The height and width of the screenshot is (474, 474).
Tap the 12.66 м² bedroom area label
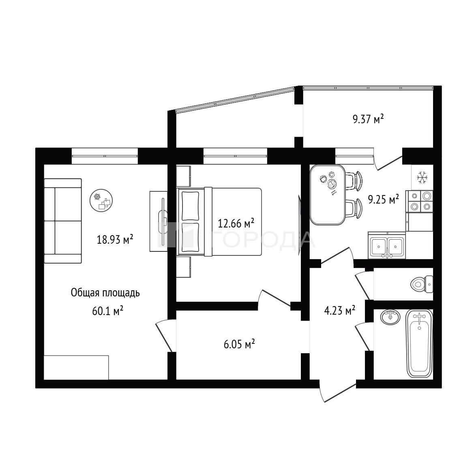pos(236,223)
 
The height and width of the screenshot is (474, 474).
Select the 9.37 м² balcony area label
pos(368,119)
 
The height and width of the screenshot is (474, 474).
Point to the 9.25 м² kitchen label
pos(384,199)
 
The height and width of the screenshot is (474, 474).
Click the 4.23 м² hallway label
pos(339,310)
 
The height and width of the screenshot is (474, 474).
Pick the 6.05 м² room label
pos(239,344)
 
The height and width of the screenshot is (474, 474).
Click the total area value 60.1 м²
pos(107,311)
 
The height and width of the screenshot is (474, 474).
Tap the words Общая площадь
pos(105,293)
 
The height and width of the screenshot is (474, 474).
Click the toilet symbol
pos(422,284)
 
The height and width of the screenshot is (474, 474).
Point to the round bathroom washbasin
pos(390,317)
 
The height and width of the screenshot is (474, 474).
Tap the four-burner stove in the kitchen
pos(419,202)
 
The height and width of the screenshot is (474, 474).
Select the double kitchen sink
pos(387,245)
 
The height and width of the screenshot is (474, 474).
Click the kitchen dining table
pos(328,195)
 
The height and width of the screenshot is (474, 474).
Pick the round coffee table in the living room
pos(101,200)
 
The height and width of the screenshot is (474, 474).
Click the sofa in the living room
pos(63,221)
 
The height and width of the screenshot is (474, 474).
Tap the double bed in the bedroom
pos(219,221)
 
